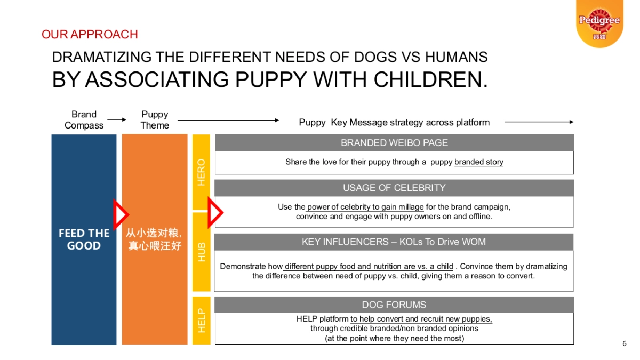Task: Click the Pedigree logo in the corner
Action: coord(599,22)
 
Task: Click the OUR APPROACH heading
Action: coord(90,35)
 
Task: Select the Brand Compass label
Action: coord(84,120)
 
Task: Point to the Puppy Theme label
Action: coord(155,120)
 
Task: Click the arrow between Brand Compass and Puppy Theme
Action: coord(116,120)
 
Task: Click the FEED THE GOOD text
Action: coord(84,239)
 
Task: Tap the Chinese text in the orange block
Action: coord(155,239)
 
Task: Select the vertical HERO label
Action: coord(201,172)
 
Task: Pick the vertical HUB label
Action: coord(201,252)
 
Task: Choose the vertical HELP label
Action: coord(201,321)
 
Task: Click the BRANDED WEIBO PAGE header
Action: coord(394,143)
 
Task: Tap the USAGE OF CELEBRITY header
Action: coord(394,188)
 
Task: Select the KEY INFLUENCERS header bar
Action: coord(394,242)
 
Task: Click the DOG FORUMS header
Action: coord(394,305)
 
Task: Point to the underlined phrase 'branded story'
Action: coord(478,162)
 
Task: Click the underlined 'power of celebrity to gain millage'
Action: coord(365,207)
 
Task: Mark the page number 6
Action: coord(625,343)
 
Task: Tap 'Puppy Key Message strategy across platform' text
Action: coord(394,123)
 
